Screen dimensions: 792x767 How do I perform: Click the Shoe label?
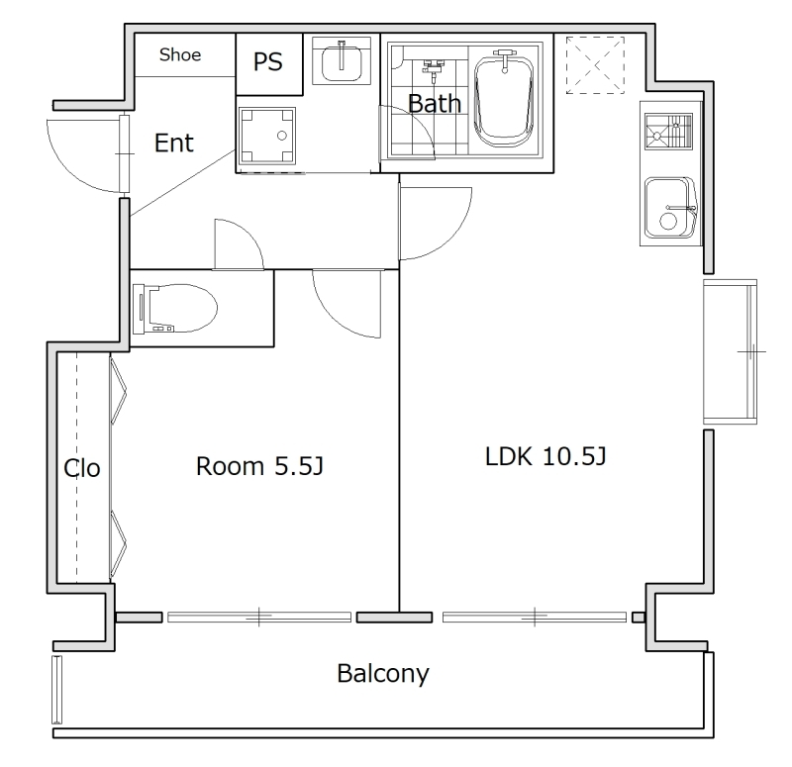[x=180, y=54]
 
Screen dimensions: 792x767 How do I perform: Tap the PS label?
[x=267, y=62]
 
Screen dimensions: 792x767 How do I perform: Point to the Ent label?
[x=174, y=143]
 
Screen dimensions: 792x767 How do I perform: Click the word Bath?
[x=435, y=104]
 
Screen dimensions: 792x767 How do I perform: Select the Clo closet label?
[x=82, y=468]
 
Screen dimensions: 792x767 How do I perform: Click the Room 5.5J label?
[x=259, y=466]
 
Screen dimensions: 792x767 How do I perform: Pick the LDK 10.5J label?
[x=545, y=456]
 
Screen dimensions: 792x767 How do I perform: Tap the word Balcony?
[x=383, y=674]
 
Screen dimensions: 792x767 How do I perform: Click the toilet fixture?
[x=175, y=309]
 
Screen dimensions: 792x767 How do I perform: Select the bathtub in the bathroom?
[x=504, y=101]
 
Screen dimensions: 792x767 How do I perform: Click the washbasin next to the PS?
[x=342, y=60]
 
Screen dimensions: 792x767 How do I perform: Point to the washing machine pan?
[x=267, y=136]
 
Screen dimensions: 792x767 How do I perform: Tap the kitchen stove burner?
[x=668, y=132]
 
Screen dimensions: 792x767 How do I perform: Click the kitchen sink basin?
[x=670, y=208]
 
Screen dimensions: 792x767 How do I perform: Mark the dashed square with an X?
[x=595, y=65]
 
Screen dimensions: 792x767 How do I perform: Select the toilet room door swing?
[x=252, y=236]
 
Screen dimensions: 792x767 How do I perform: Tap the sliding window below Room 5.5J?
[x=259, y=617]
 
